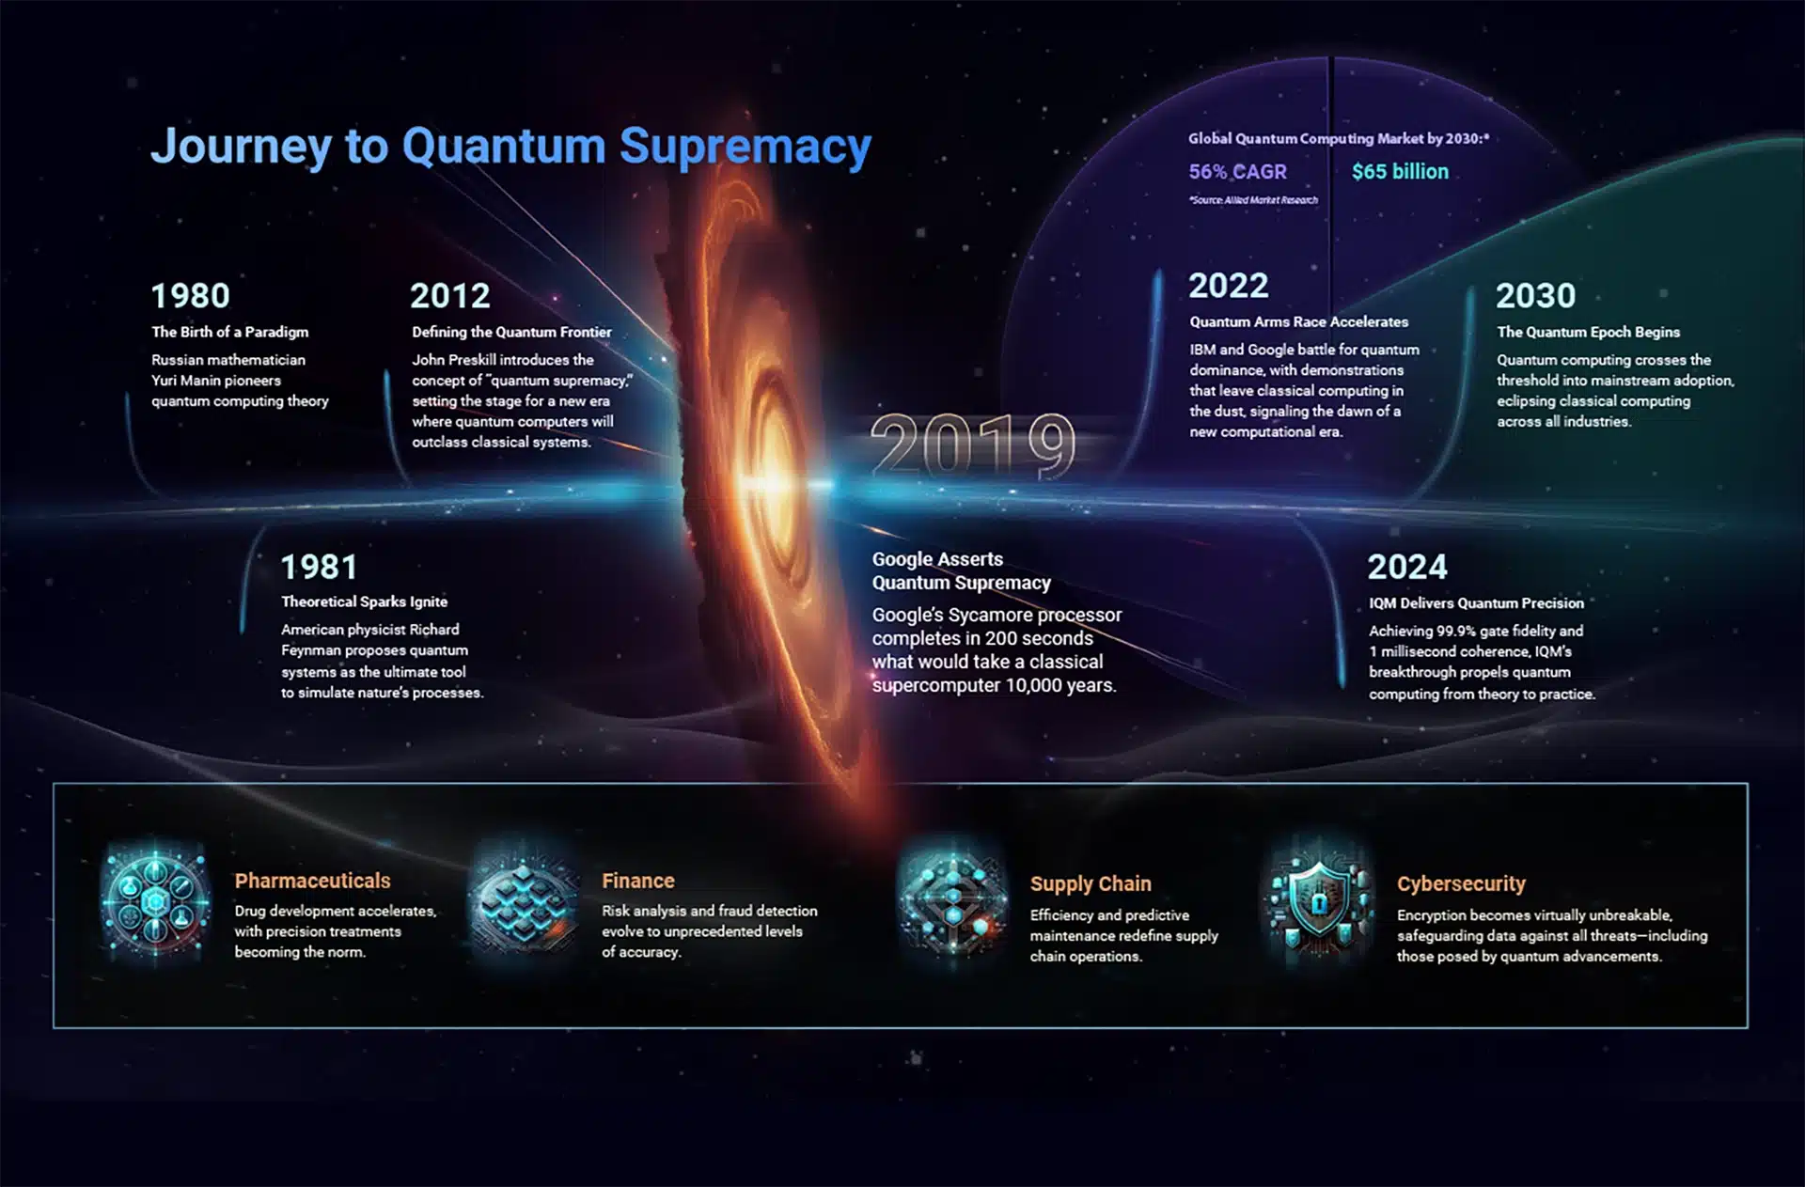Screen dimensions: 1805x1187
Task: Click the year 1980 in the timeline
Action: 190,295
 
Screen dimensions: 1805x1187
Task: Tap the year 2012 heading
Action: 450,296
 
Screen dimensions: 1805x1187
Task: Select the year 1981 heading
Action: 320,567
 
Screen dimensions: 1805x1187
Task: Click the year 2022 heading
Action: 1229,285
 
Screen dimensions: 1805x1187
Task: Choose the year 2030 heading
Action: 1536,295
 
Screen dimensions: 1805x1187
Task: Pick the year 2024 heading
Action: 1407,567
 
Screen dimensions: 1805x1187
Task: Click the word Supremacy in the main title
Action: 745,147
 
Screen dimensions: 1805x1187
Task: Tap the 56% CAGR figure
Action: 1237,172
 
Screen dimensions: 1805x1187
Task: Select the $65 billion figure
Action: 1400,171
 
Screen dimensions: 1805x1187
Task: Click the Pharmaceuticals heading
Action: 312,881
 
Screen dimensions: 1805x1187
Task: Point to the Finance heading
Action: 638,881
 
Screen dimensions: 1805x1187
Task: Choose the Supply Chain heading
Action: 1091,884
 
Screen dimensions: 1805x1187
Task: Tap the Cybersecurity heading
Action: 1461,884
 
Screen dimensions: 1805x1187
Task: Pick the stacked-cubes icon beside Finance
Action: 525,900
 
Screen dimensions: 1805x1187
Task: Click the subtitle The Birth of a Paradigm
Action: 229,332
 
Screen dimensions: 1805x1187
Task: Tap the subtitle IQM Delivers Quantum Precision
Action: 1476,603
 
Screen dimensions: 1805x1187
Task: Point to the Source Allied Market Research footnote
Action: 1253,200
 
